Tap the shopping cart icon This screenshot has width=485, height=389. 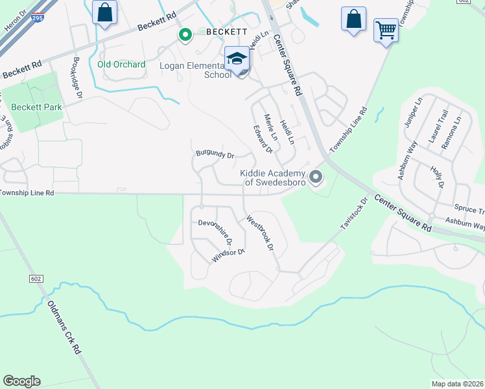386,30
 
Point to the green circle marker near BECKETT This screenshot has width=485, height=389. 185,35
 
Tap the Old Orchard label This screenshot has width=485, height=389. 121,64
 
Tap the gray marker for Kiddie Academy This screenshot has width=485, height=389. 316,176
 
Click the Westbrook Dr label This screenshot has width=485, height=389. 259,233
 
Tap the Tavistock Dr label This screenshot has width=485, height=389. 354,214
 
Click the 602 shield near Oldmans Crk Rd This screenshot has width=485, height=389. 36,278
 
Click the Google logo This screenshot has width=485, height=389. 21,381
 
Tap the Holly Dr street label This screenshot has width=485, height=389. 436,176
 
